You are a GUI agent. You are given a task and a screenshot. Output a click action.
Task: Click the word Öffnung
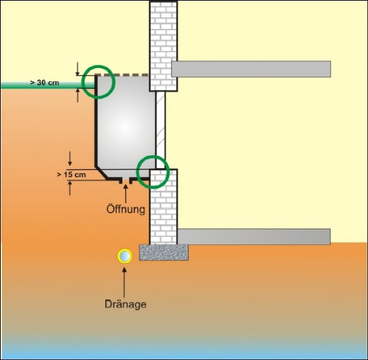126,209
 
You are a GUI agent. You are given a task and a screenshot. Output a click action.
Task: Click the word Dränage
126,304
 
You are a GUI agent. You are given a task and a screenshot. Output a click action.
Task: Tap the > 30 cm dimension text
45,83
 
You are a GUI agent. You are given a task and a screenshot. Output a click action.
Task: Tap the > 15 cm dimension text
72,175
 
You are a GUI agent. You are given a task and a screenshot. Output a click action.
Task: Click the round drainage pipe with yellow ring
125,256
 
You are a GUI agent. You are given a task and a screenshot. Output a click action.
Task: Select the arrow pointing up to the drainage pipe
125,282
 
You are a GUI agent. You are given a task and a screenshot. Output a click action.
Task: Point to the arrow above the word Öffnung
126,193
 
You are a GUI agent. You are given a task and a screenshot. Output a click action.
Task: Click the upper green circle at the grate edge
98,65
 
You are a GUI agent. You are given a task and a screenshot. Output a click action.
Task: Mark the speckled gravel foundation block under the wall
164,252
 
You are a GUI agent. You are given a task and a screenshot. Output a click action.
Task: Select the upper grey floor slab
251,69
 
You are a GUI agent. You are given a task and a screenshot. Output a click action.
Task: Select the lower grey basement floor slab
254,237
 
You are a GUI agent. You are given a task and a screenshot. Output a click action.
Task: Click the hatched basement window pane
160,130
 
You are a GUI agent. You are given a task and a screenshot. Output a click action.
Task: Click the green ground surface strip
48,85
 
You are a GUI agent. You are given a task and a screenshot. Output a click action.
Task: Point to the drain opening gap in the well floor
126,180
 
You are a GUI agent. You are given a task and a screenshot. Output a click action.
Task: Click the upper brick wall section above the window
164,46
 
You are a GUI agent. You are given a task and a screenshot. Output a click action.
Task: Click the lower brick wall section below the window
164,207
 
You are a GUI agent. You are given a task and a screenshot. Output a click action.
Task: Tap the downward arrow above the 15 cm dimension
70,159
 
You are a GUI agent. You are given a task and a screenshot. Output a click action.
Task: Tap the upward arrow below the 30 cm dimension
78,96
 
